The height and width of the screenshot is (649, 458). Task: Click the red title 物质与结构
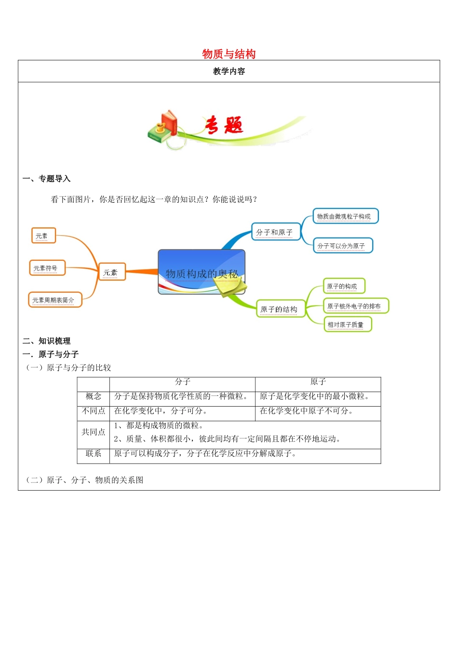tap(229, 54)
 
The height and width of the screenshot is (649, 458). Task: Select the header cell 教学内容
tap(229, 71)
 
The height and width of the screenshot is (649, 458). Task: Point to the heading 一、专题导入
tap(47, 179)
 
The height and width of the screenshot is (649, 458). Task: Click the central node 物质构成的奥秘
tap(202, 273)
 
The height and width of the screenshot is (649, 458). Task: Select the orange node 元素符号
tap(47, 268)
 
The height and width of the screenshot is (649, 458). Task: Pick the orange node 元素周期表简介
tap(54, 300)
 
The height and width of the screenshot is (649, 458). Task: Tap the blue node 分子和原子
tap(275, 232)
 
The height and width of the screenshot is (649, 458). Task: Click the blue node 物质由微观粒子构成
tap(345, 216)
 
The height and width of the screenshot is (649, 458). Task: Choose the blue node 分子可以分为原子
tap(342, 246)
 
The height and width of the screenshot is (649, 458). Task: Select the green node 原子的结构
tap(280, 309)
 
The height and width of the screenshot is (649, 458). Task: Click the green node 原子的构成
tap(343, 286)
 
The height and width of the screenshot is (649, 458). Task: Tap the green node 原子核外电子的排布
tap(355, 306)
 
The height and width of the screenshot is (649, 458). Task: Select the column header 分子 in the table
tap(183, 382)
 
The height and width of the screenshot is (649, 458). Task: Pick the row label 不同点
tap(94, 411)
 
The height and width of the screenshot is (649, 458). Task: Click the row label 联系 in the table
tap(94, 453)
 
